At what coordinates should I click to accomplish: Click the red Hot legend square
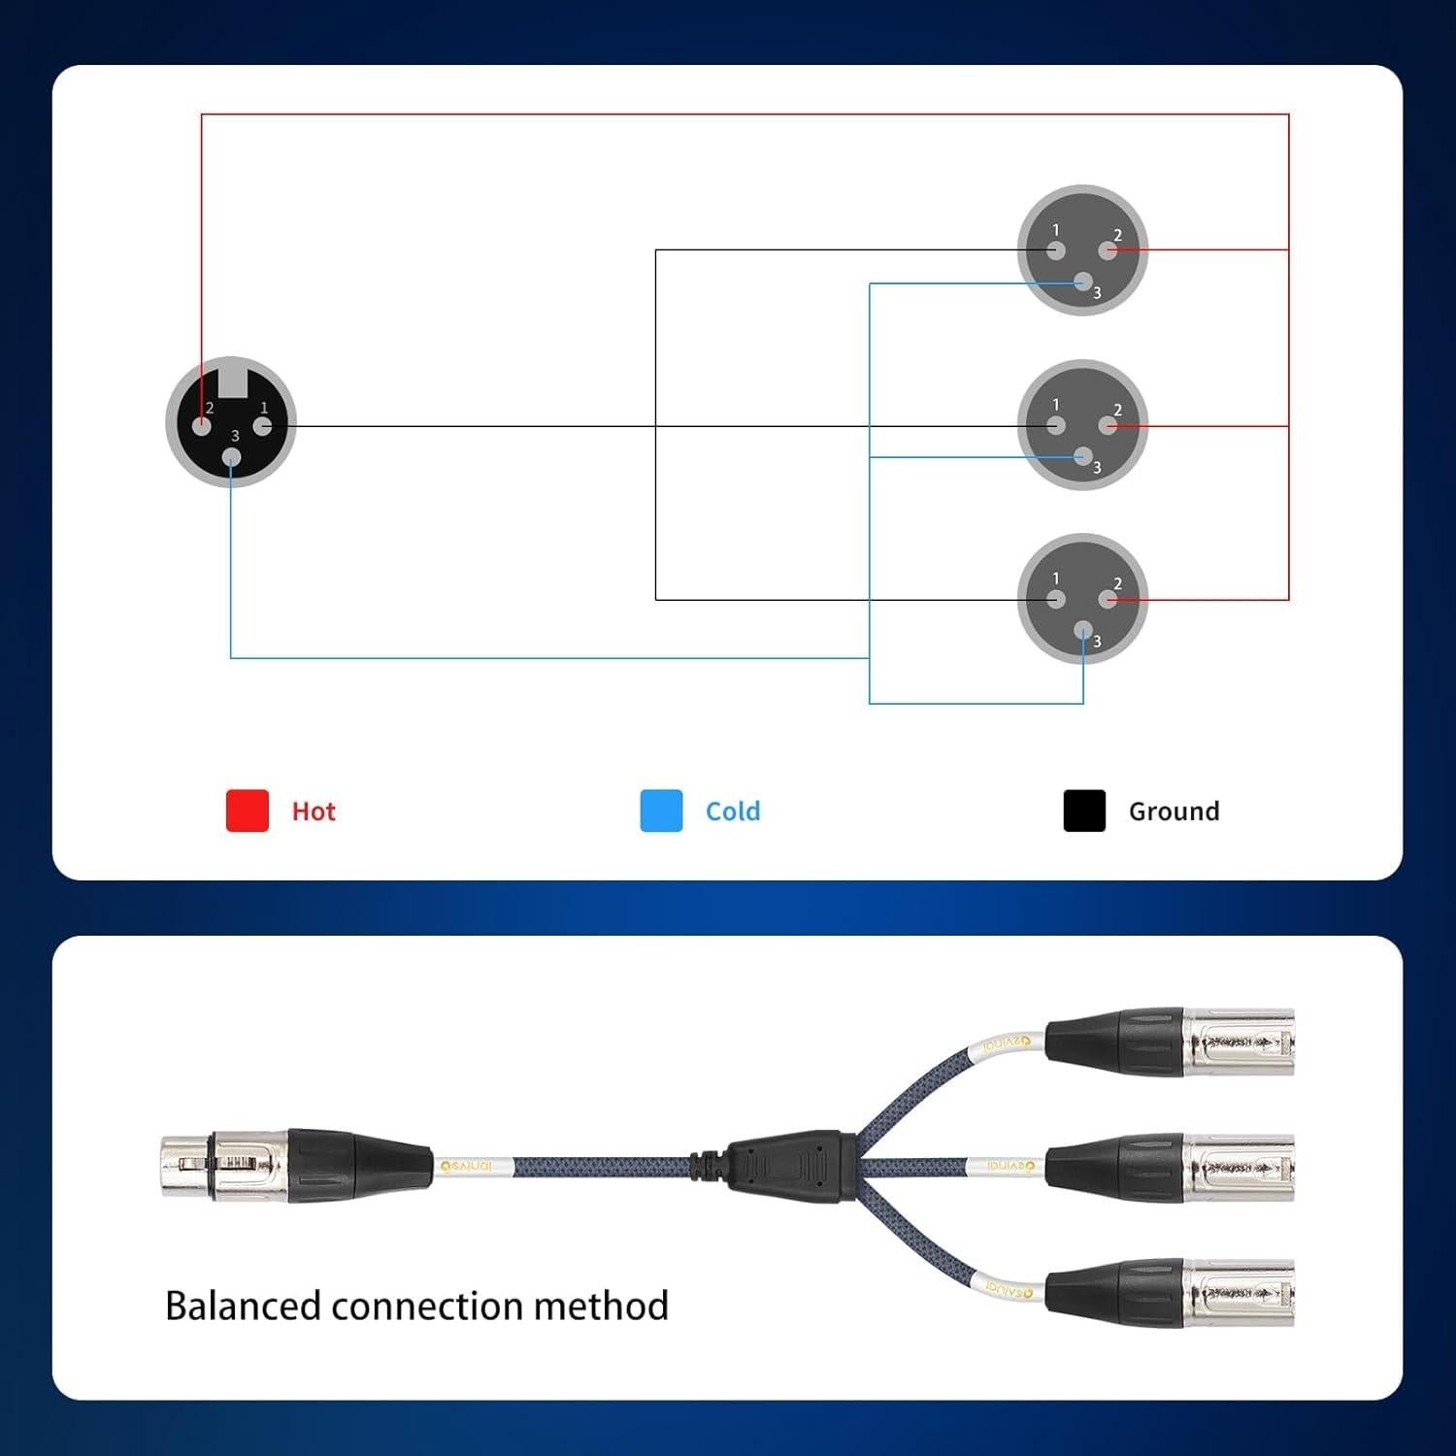click(x=248, y=811)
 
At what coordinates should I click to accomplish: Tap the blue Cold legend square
click(x=661, y=811)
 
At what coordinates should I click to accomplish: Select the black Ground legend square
click(x=1084, y=811)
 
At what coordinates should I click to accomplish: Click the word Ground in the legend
click(x=1174, y=811)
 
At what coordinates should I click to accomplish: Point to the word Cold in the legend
click(x=733, y=811)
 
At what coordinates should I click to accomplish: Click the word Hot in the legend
click(x=314, y=811)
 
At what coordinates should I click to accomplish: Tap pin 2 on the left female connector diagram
click(x=202, y=426)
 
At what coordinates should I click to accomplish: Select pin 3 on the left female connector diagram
click(x=231, y=457)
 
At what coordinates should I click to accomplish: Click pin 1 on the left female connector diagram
click(x=262, y=426)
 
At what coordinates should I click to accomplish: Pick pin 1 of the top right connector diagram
click(x=1056, y=251)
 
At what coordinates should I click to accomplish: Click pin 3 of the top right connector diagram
click(x=1083, y=282)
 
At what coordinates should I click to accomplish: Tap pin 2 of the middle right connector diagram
click(x=1109, y=426)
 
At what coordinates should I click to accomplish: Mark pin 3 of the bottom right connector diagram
click(x=1083, y=633)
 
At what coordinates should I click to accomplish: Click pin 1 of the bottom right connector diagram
click(x=1056, y=600)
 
